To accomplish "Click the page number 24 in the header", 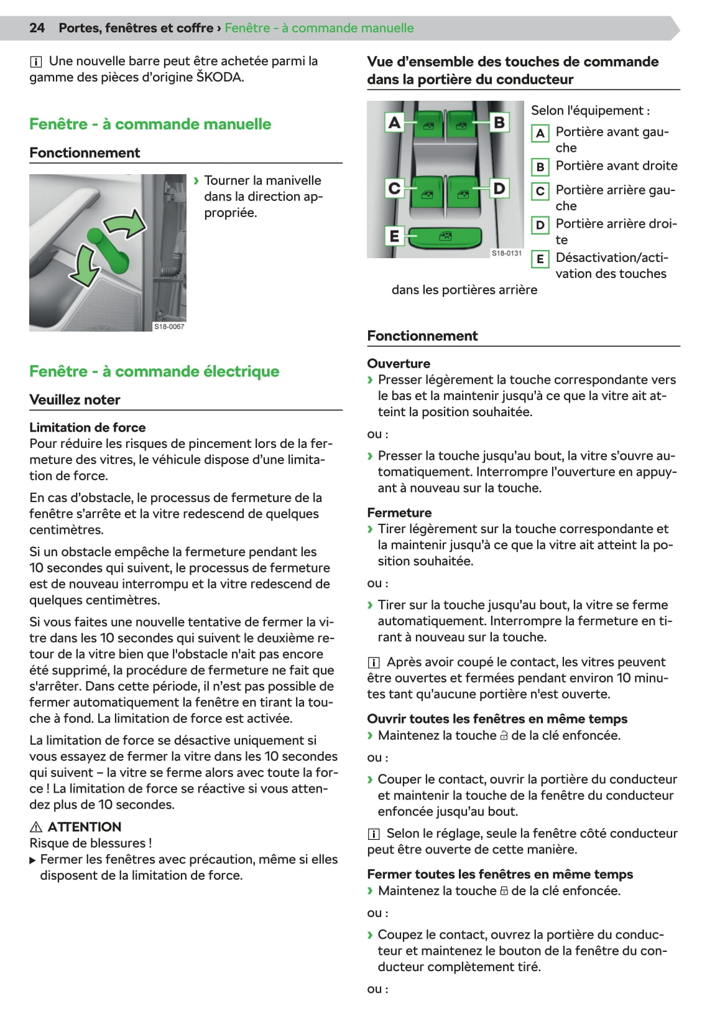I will [37, 28].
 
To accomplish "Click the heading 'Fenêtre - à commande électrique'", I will [154, 371].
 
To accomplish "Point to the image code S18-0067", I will [169, 327].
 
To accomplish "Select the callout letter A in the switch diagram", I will [394, 123].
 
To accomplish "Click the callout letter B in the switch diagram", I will [499, 123].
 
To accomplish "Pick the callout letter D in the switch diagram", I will [499, 188].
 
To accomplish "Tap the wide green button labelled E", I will [446, 236].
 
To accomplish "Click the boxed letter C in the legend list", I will [540, 191].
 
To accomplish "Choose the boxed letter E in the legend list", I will [540, 259].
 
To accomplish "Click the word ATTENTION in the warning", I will [85, 827].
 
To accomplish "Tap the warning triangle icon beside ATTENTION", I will [36, 827].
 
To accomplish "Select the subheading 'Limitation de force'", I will [88, 427].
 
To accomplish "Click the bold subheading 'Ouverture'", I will [399, 363].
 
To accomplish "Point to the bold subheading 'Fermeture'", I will [399, 513].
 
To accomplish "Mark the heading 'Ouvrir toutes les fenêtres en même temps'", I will [497, 719].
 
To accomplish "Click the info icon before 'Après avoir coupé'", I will [373, 663].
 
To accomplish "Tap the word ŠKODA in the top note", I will [219, 77].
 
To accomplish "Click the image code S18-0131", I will [507, 253].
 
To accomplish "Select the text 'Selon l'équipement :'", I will [590, 111].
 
